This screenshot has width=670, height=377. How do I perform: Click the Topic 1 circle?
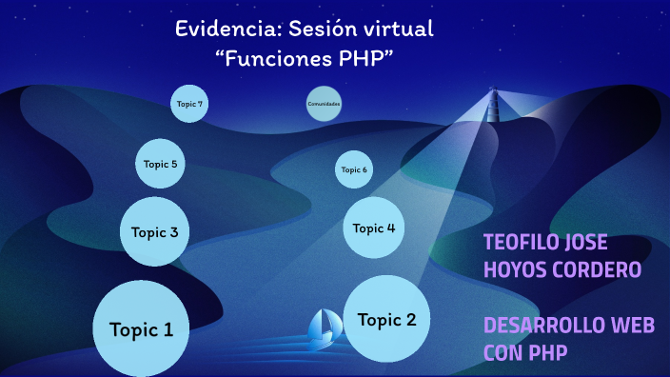pyautogui.click(x=141, y=329)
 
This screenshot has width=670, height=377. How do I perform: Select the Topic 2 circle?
pyautogui.click(x=386, y=320)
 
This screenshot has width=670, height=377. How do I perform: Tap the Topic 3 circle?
pyautogui.click(x=154, y=231)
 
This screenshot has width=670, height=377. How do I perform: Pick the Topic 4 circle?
pyautogui.click(x=374, y=228)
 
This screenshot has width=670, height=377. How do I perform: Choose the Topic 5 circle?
pyautogui.click(x=160, y=164)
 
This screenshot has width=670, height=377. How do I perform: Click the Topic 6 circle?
pyautogui.click(x=353, y=170)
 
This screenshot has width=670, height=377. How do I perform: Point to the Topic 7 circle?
pyautogui.click(x=189, y=103)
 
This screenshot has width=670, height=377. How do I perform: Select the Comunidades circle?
pyautogui.click(x=324, y=104)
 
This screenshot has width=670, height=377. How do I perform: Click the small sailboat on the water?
pyautogui.click(x=324, y=327)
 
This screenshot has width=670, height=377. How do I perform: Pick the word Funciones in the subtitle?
pyautogui.click(x=273, y=58)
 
